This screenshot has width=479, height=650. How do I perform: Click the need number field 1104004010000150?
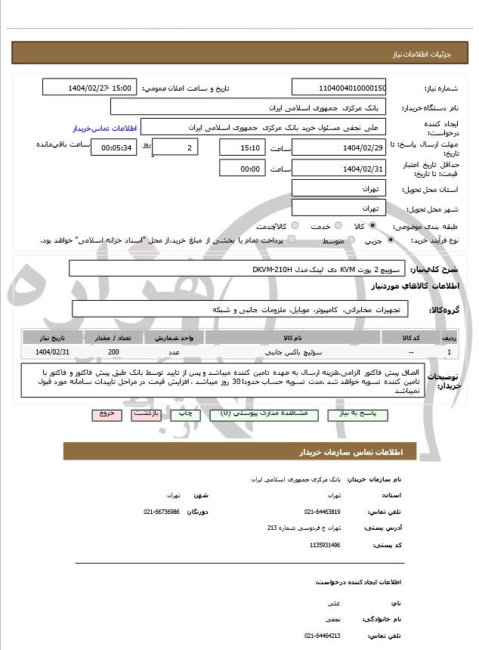click(x=342, y=88)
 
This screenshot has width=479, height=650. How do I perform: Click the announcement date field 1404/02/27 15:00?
click(x=90, y=88)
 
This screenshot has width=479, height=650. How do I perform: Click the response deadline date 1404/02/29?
click(x=342, y=147)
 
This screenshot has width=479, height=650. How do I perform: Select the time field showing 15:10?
click(x=242, y=147)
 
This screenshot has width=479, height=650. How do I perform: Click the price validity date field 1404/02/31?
click(x=342, y=169)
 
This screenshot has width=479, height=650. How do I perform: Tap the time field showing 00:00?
click(x=242, y=169)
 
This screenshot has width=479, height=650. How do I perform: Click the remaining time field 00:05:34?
click(x=113, y=147)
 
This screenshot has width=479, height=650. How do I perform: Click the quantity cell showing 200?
click(x=113, y=351)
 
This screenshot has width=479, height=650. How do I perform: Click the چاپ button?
click(x=184, y=414)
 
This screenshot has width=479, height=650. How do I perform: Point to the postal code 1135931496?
click(x=325, y=544)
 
